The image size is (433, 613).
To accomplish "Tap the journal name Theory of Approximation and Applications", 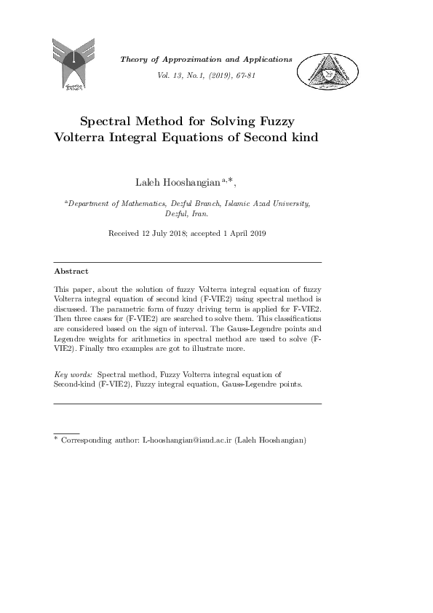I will pyautogui.click(x=206, y=59).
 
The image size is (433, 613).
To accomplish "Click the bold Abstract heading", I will pyautogui.click(x=71, y=271).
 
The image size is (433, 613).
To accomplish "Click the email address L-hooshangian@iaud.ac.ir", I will pyautogui.click(x=181, y=440).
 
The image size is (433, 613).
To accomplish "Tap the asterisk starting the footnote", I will pyautogui.click(x=56, y=439).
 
